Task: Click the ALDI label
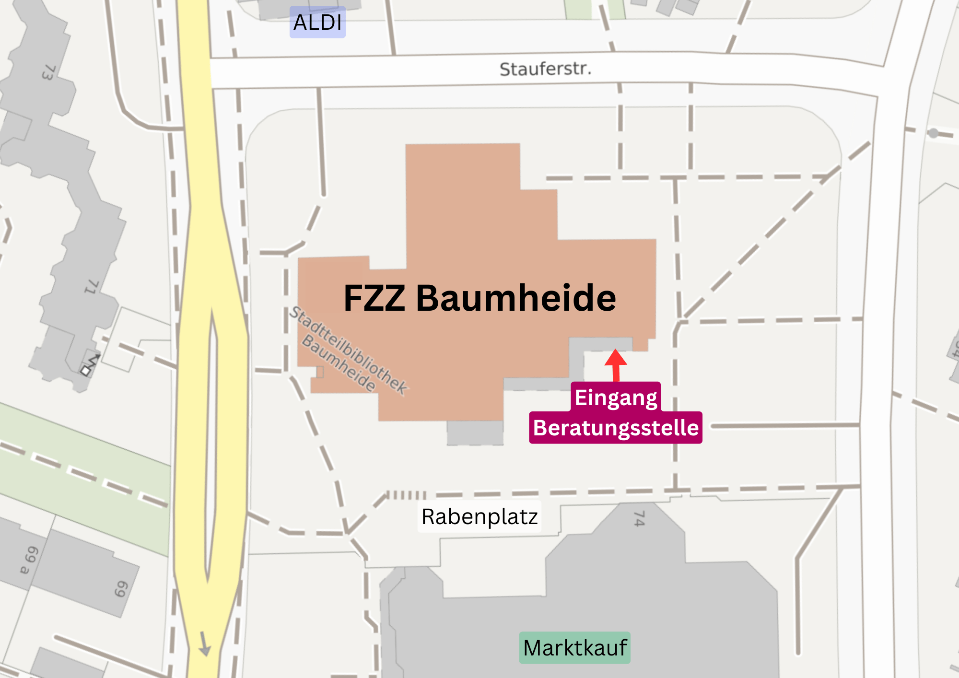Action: (x=317, y=23)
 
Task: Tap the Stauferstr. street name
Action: (x=545, y=69)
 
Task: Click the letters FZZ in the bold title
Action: (x=374, y=298)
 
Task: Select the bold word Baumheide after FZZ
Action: (x=516, y=298)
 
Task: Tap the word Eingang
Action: (x=616, y=397)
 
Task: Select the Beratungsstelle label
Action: (x=616, y=428)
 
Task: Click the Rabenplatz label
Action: (x=479, y=517)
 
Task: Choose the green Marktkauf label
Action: (x=574, y=648)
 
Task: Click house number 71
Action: (x=91, y=287)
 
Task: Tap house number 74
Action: (x=639, y=518)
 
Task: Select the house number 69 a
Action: (x=29, y=560)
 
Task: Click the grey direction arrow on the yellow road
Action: (x=205, y=643)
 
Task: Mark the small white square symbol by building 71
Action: (x=86, y=370)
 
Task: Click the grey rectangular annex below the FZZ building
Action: (x=475, y=433)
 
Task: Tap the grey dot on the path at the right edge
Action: (x=933, y=133)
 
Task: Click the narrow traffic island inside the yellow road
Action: (x=211, y=446)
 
